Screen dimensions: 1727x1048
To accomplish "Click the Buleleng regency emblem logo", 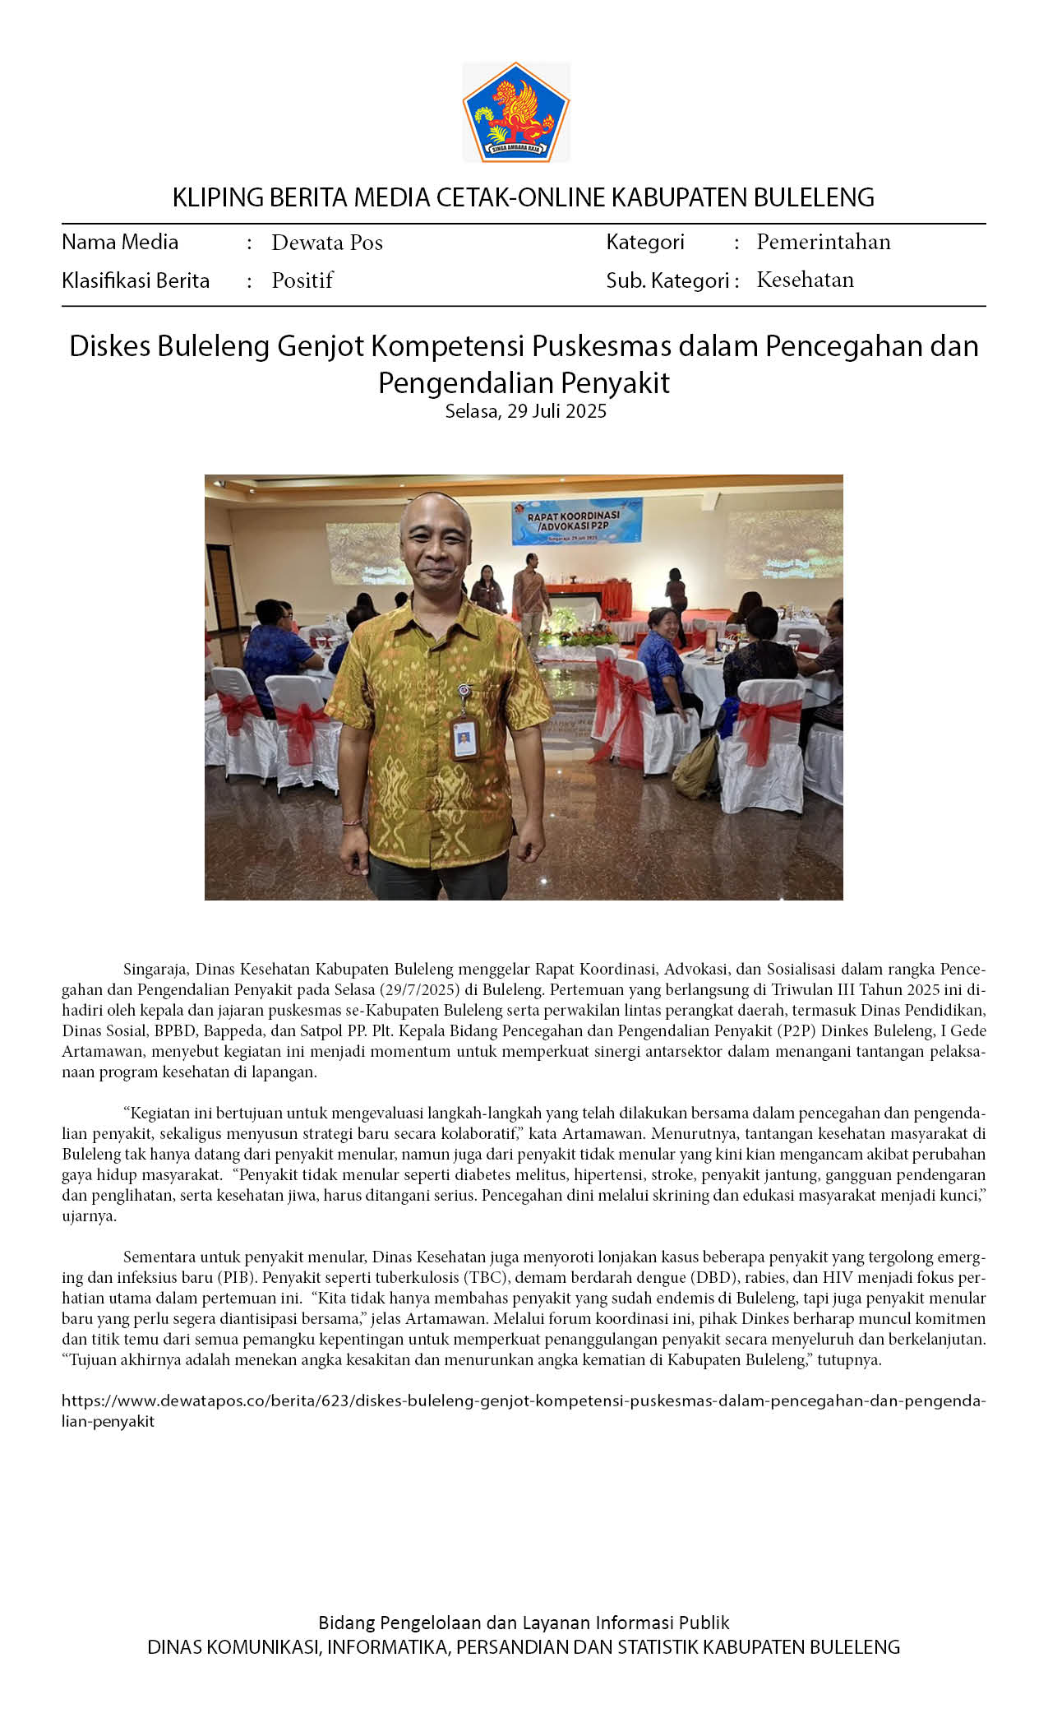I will click(516, 112).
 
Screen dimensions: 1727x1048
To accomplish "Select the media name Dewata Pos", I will click(327, 243).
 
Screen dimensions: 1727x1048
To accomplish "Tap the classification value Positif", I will click(302, 280).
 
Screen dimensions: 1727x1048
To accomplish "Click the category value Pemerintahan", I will click(823, 242).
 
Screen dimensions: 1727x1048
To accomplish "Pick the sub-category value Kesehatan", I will click(805, 280).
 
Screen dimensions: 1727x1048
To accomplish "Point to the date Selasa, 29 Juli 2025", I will click(525, 411).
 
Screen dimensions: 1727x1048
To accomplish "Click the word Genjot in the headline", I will click(320, 346).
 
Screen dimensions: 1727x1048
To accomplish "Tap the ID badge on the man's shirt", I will click(464, 737).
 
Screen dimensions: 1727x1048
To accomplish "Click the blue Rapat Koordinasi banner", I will click(576, 522).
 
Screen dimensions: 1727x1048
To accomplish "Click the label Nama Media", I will click(120, 242).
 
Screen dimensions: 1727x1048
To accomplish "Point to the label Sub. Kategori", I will click(667, 280).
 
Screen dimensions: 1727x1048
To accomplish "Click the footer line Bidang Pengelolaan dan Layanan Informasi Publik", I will click(524, 1623).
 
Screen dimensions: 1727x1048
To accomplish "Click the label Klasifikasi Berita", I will click(136, 280).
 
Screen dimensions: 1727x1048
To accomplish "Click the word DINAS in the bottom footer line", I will click(174, 1647).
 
